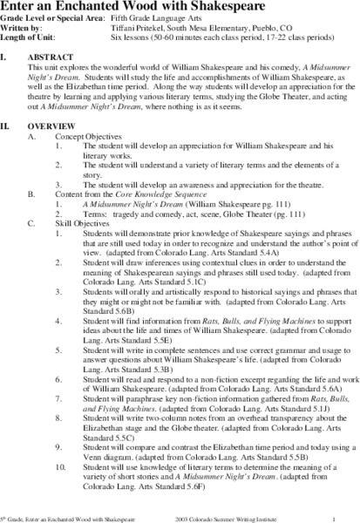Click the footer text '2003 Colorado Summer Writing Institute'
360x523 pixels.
tap(248, 516)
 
